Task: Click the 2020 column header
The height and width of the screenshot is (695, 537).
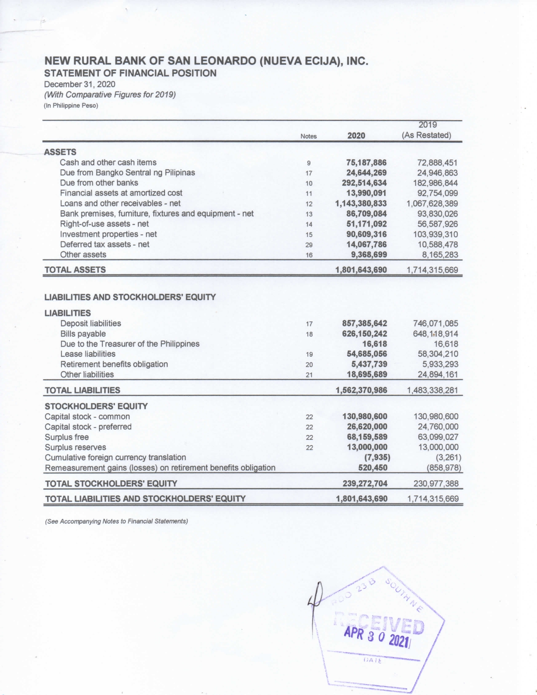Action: tap(356, 135)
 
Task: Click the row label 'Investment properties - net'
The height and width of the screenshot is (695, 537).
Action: tap(108, 234)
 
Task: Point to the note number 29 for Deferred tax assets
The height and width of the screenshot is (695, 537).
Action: tap(309, 245)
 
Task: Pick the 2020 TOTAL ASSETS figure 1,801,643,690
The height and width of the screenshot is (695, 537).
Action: tap(361, 270)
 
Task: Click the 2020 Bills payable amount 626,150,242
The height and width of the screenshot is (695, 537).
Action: tap(364, 334)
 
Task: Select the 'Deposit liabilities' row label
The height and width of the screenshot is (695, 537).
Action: tap(91, 323)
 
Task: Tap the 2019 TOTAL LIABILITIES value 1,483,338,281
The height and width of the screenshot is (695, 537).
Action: tap(432, 390)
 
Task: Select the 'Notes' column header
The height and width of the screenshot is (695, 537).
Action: tap(309, 136)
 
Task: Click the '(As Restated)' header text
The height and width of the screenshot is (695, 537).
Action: tap(426, 135)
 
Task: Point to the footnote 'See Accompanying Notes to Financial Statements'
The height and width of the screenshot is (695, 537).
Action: tap(116, 521)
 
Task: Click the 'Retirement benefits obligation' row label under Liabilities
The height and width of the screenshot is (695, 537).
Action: tap(114, 364)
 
